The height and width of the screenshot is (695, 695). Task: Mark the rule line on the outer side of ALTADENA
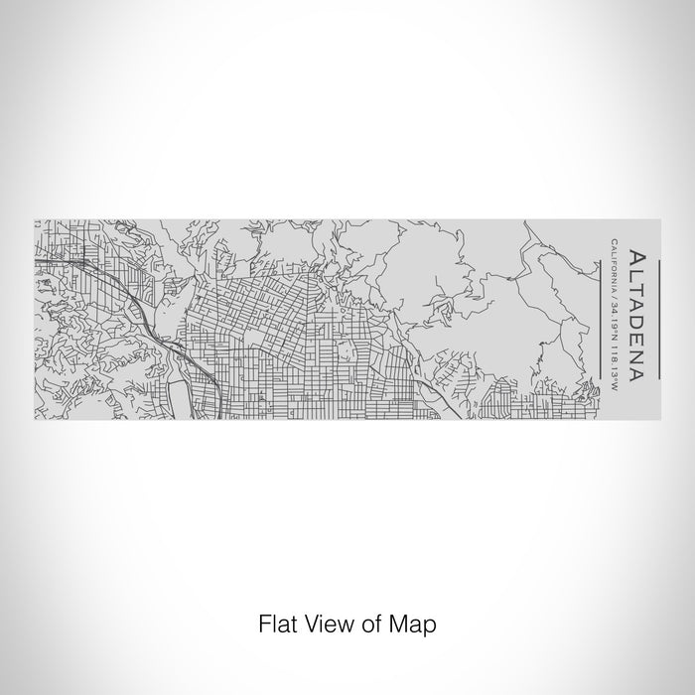(x=658, y=315)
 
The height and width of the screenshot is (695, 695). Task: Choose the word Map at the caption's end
(x=414, y=625)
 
